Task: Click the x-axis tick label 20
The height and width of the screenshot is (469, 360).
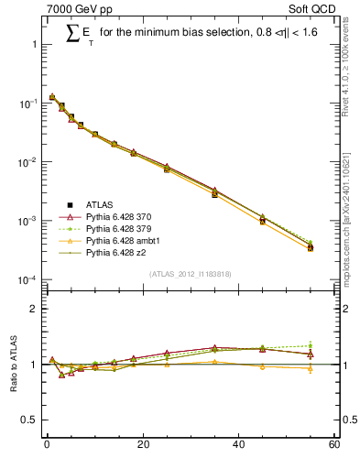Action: (142, 445)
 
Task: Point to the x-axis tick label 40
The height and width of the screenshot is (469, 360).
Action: (238, 445)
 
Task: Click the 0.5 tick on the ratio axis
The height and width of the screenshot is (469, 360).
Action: (29, 420)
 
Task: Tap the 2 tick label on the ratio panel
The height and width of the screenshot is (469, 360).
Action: (33, 309)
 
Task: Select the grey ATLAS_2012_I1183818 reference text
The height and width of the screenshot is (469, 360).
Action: (189, 274)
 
